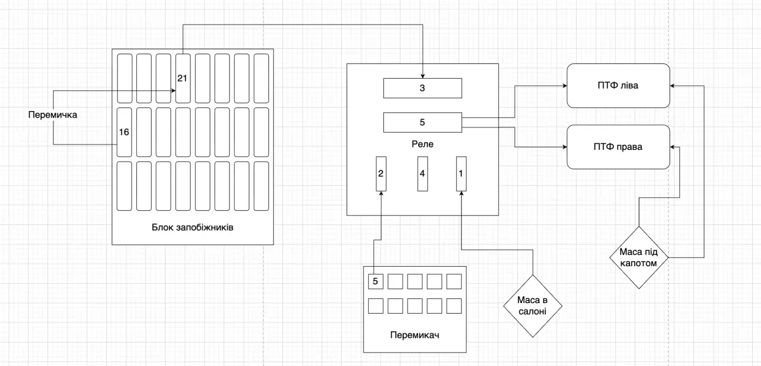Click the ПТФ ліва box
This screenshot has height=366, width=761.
[618, 86]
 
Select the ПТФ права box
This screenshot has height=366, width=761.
[618, 146]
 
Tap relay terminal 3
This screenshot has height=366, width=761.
[423, 88]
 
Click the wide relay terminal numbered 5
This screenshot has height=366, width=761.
[423, 122]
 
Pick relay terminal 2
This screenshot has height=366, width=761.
[381, 174]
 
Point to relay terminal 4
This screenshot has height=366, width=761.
[422, 174]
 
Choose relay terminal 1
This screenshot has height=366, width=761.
[462, 174]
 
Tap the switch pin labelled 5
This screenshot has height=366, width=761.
[375, 281]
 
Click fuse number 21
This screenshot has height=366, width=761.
[182, 78]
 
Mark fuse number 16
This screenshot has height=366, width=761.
[124, 132]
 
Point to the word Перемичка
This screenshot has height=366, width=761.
[53, 115]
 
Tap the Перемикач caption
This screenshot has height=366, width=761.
[415, 335]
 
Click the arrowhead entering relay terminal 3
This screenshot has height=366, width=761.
[423, 75]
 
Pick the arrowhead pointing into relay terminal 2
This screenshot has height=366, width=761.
[381, 194]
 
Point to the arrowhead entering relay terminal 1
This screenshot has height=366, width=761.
[462, 194]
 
